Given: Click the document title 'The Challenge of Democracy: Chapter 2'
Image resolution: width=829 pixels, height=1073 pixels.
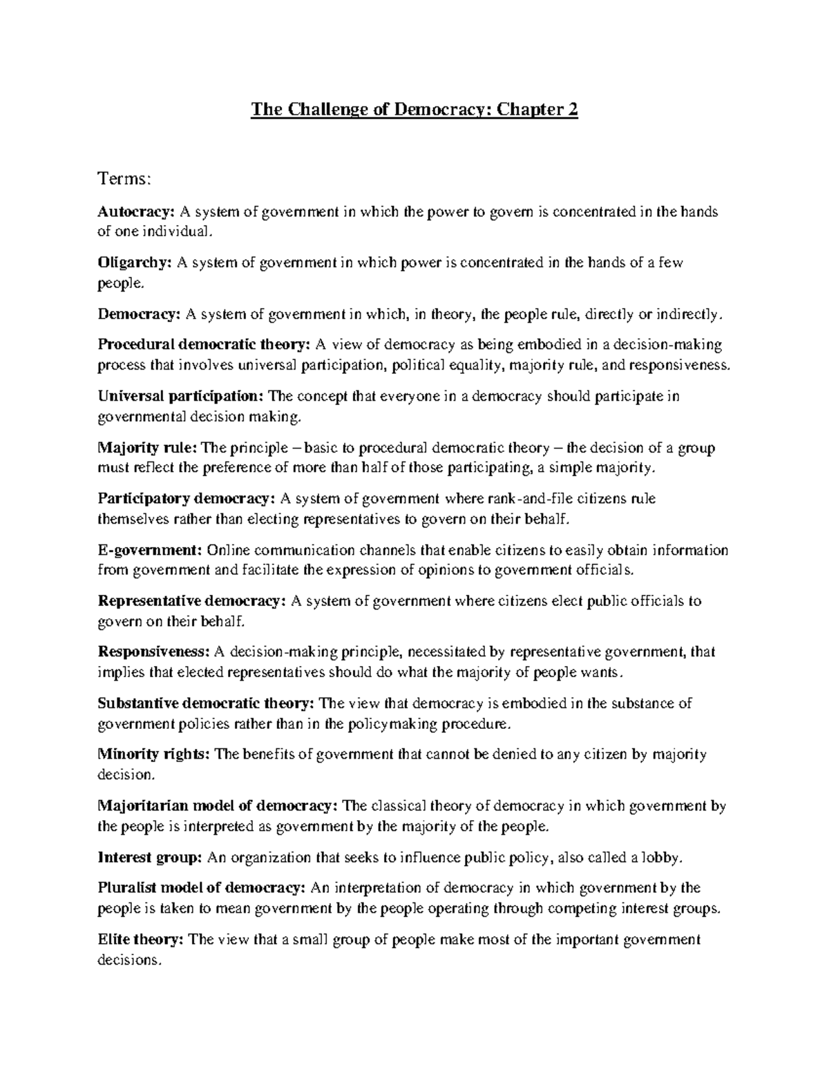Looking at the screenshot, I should click(x=414, y=110).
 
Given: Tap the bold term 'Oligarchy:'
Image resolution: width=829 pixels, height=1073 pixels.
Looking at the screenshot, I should click(x=135, y=263).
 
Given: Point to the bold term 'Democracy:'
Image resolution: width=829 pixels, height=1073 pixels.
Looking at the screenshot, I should click(x=139, y=314).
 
